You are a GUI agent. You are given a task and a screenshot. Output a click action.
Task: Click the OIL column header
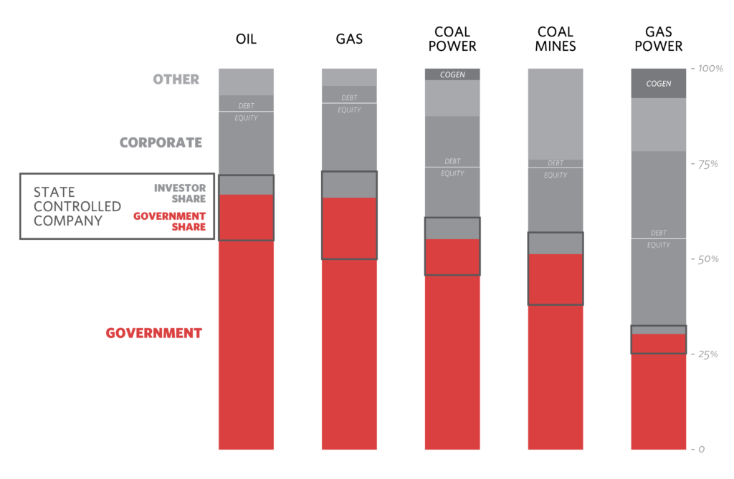coord(246,39)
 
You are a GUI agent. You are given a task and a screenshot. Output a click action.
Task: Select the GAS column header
coord(349,39)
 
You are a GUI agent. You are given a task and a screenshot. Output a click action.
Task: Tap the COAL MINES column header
coord(556,39)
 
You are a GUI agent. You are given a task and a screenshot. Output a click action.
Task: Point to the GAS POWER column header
coord(659,39)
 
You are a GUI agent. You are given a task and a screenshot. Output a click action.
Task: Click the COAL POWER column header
coord(452,39)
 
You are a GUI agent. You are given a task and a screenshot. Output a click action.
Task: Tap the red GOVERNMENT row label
coord(154,333)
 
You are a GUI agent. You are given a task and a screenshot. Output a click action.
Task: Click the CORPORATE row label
coord(161,142)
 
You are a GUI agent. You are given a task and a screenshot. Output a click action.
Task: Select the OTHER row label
coord(176,79)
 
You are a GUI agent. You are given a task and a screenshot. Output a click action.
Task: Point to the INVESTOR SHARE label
coord(180,193)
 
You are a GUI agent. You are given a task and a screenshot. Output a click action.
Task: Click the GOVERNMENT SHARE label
coord(170,221)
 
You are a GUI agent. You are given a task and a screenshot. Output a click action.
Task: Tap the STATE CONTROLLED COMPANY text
coord(77,206)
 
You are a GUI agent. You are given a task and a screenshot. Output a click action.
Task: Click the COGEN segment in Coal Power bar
coord(452,74)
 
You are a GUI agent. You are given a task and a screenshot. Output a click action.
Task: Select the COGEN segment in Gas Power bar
coord(659,84)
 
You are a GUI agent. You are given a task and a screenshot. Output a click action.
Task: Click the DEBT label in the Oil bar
coord(246,106)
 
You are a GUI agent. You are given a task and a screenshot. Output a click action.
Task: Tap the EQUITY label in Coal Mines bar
coord(556,175)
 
